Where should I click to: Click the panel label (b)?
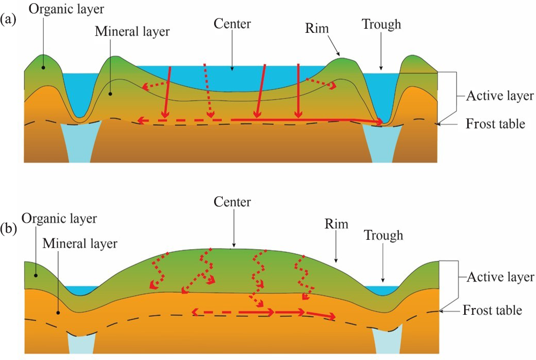[x=10, y=228]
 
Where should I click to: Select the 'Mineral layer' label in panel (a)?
[x=132, y=31]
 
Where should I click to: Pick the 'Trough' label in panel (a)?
[x=381, y=24]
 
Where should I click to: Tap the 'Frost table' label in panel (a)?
[x=495, y=123]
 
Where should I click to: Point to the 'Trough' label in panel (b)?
[x=383, y=236]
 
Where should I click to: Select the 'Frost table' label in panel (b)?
[x=492, y=310]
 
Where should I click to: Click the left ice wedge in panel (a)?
[x=76, y=141]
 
